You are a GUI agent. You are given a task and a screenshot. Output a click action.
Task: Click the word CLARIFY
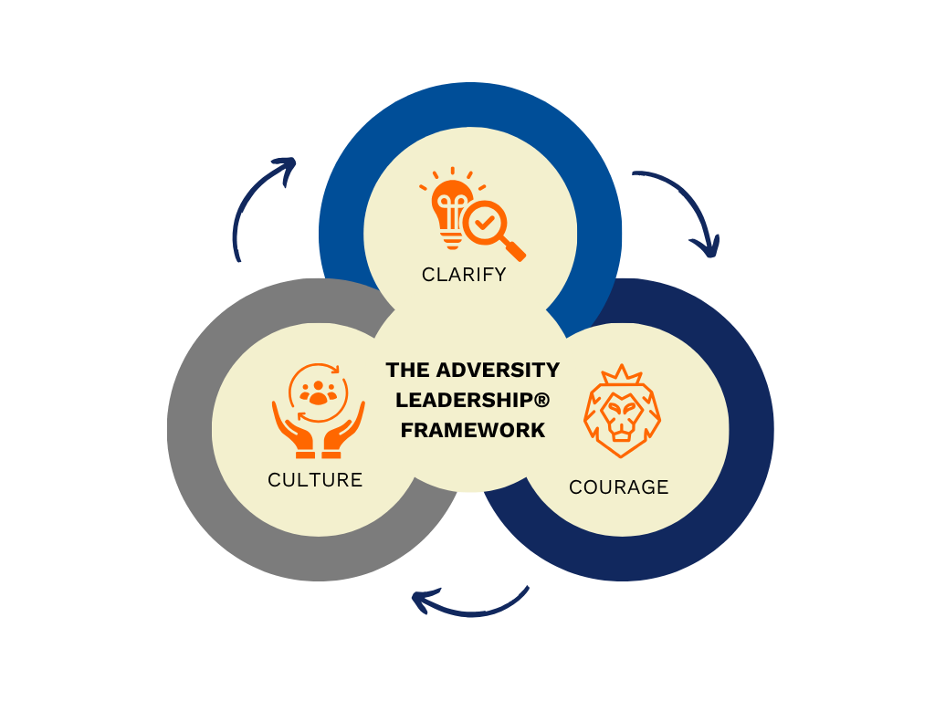464,274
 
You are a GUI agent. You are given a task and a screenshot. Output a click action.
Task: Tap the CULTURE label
315,480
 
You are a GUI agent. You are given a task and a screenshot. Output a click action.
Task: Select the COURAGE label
618,487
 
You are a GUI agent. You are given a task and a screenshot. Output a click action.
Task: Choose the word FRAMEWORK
472,430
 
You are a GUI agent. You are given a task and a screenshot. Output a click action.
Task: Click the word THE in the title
407,370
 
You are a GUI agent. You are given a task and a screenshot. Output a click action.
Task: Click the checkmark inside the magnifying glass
484,222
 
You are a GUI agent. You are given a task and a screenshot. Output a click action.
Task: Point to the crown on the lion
621,375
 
